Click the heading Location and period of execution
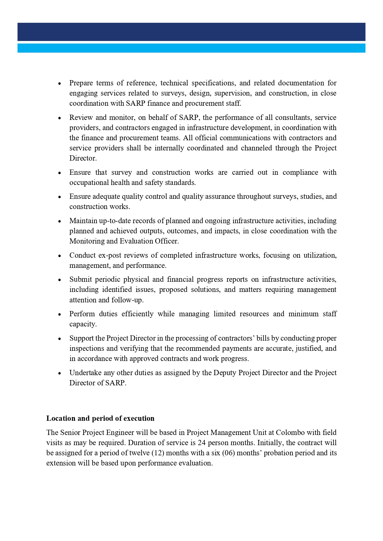100,418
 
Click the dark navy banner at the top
191,32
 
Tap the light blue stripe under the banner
191,48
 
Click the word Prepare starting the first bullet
81,83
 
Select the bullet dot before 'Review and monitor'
60,118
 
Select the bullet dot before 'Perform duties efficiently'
60,314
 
